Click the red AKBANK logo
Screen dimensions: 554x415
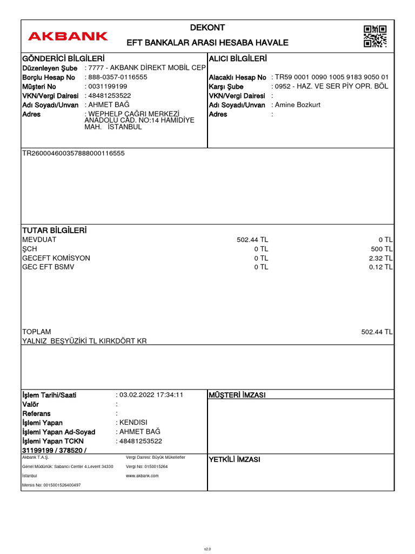click(68, 36)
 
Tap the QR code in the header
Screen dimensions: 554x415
click(375, 36)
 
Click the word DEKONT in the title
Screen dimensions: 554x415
click(207, 28)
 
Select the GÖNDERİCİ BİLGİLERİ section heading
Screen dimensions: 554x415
click(63, 58)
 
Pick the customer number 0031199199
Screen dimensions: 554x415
click(108, 87)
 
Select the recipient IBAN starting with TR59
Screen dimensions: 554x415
click(331, 77)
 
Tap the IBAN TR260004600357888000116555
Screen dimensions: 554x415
click(73, 153)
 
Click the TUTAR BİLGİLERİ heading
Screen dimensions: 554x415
click(54, 230)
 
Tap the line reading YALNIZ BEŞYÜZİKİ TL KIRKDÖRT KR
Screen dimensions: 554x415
click(84, 341)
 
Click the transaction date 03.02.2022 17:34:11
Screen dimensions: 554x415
click(151, 395)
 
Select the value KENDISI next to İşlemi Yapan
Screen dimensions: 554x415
click(133, 423)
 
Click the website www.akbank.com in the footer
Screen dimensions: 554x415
click(142, 476)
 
